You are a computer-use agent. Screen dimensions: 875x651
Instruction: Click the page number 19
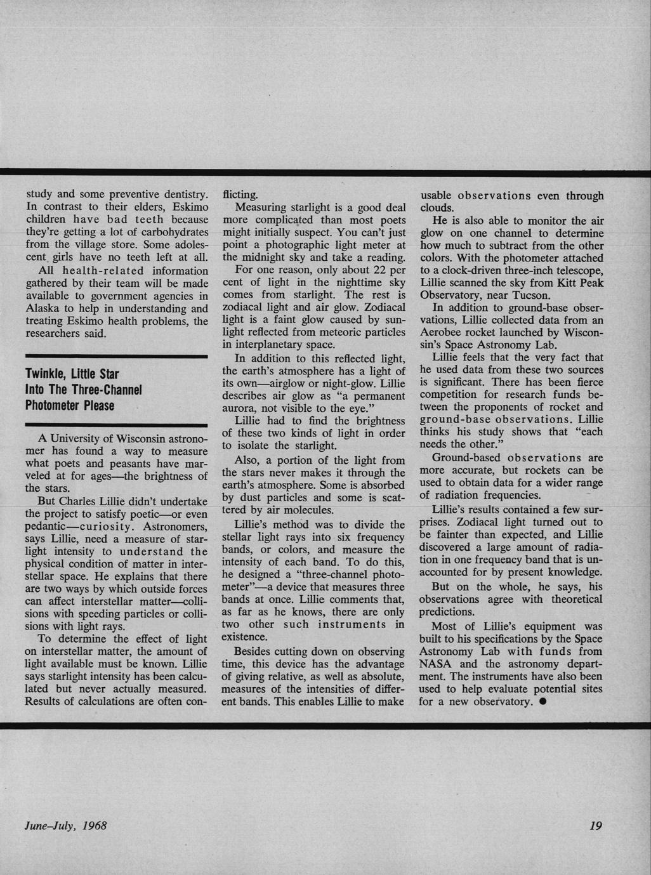(x=595, y=826)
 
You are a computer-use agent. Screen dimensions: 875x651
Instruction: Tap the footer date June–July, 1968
(x=65, y=826)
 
